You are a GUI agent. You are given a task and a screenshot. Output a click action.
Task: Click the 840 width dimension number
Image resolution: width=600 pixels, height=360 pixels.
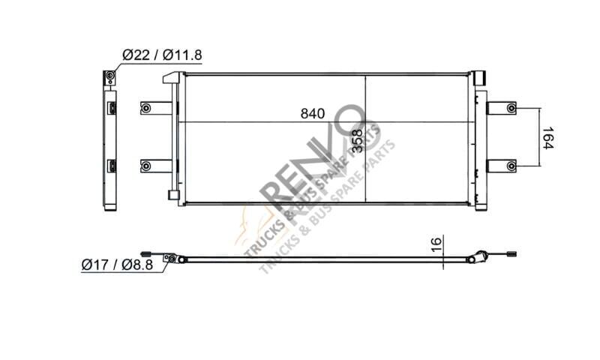click(x=311, y=114)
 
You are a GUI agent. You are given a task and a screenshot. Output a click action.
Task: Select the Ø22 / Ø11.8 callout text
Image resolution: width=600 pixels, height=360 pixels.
click(x=162, y=55)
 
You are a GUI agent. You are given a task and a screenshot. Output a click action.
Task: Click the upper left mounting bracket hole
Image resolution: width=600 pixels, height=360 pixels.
click(x=145, y=109)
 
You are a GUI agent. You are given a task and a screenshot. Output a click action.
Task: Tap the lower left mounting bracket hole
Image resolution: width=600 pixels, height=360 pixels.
click(x=145, y=166)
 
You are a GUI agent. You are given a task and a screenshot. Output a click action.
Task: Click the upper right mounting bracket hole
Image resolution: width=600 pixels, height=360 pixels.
click(x=511, y=109)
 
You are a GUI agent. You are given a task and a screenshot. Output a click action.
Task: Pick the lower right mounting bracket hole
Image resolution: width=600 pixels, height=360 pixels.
click(x=511, y=165)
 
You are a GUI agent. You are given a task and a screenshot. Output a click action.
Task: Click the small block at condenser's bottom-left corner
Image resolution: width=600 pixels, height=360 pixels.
click(x=173, y=195)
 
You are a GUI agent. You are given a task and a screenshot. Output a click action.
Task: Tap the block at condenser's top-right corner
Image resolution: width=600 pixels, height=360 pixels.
click(x=478, y=77)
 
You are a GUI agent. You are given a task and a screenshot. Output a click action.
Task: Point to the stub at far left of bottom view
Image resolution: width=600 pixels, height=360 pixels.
click(x=145, y=253)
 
